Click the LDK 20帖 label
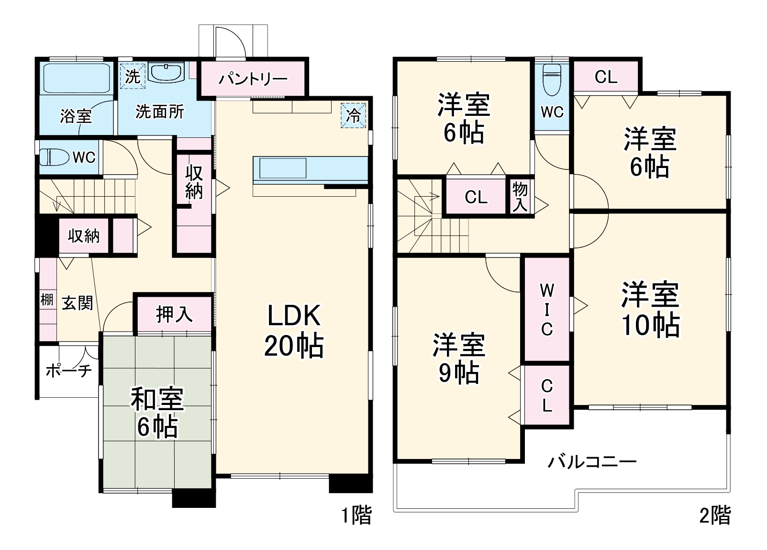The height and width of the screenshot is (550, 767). tap(293, 330)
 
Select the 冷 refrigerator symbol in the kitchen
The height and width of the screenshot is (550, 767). tap(354, 115)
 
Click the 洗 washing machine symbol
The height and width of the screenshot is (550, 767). tap(132, 76)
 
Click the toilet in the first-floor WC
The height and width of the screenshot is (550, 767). tap(52, 157)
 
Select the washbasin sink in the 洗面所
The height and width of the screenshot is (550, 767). tap(166, 73)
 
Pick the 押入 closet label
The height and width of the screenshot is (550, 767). tap(174, 314)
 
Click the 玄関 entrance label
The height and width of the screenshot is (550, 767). tap(77, 303)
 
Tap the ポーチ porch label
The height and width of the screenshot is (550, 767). tap(68, 370)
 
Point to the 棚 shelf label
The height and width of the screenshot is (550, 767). tap(46, 300)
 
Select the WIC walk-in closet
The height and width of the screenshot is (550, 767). tap(546, 309)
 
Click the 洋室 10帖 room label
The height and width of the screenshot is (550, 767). tap(650, 310)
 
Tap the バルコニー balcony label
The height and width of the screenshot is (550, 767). tap(592, 462)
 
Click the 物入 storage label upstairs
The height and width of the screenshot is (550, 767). tap(520, 197)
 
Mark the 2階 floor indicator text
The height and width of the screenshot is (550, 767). tap(715, 516)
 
